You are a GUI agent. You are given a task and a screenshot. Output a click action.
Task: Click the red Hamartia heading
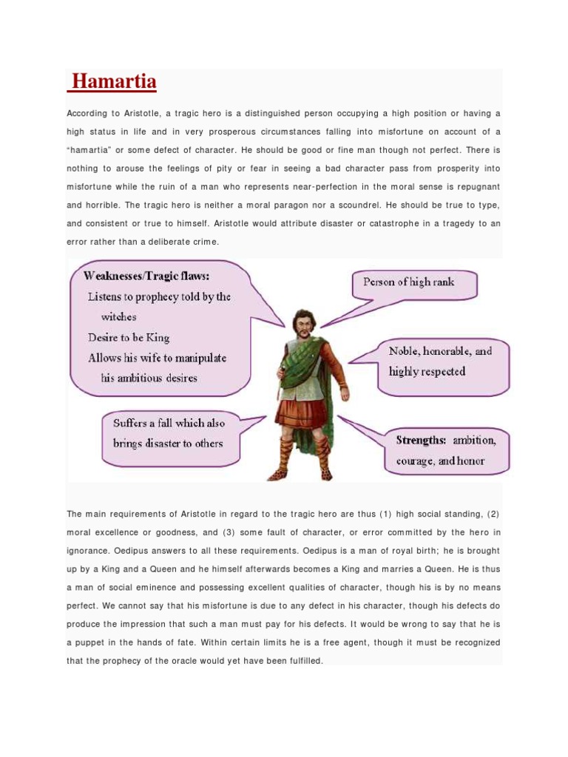[112, 81]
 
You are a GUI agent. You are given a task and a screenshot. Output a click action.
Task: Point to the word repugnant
[474, 186]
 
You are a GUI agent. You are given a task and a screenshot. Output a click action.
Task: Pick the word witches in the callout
[119, 316]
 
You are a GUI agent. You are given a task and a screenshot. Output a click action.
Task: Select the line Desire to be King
[129, 337]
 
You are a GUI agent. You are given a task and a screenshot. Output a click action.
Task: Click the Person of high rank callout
[408, 282]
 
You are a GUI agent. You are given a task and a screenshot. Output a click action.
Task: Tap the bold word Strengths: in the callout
[421, 440]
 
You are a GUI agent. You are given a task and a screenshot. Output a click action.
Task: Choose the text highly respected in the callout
[427, 371]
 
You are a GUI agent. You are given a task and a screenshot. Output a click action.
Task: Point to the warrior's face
[302, 323]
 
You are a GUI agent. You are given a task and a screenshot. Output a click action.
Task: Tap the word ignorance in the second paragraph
[92, 551]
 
